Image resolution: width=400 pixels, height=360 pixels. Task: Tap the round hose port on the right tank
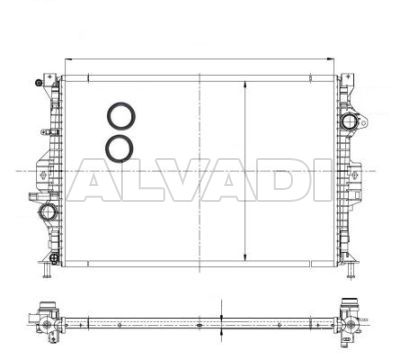click(349, 121)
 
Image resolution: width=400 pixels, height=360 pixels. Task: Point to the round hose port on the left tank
click(47, 212)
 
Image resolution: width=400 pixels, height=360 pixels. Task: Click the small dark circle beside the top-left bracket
click(39, 82)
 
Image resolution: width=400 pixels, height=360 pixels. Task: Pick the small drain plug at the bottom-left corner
click(53, 258)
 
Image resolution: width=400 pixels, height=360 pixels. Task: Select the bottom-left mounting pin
click(46, 270)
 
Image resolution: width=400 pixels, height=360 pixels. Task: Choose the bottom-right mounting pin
click(351, 270)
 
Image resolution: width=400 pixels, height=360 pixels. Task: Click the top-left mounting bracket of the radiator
click(49, 82)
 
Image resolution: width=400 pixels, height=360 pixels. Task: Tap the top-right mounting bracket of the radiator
click(347, 82)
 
